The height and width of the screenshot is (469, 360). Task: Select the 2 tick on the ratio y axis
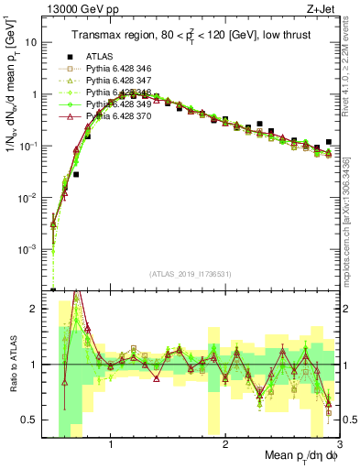(34, 310)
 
